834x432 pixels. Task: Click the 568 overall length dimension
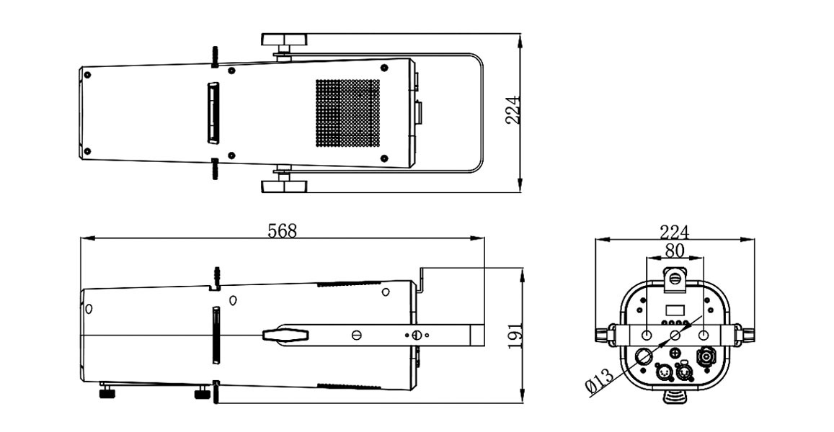pos(282,231)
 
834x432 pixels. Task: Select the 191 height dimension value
pos(515,336)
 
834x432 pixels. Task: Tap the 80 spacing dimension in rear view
pos(674,251)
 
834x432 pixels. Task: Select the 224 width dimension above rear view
pos(674,232)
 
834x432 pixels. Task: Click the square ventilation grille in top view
pos(347,112)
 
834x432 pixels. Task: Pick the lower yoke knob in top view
pos(283,186)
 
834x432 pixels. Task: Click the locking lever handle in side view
pos(285,334)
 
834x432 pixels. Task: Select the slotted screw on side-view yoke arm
pos(356,335)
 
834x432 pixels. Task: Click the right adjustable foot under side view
pos(203,393)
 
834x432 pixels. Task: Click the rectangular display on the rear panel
pos(675,310)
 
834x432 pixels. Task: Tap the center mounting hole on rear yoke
pos(675,336)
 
